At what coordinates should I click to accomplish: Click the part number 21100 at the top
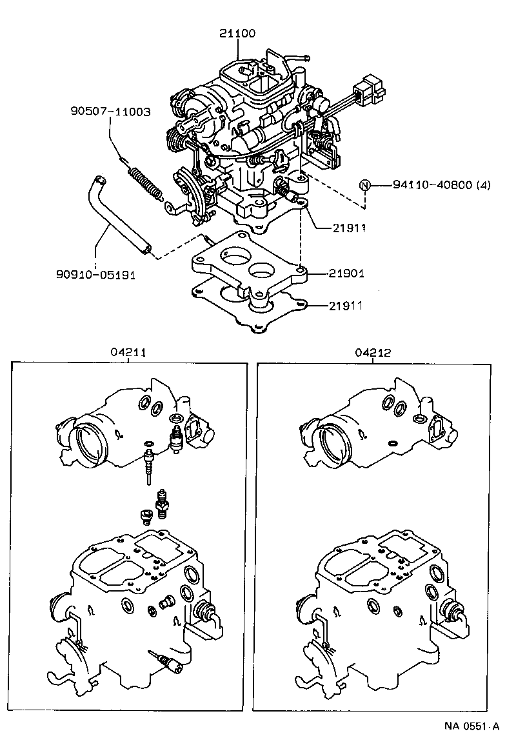(x=237, y=34)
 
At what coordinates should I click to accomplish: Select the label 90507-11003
(x=110, y=112)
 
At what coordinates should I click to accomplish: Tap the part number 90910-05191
(x=95, y=275)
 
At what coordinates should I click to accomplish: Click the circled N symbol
(x=365, y=185)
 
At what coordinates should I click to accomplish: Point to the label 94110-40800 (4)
(x=441, y=185)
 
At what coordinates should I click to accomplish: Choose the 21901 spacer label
(x=346, y=274)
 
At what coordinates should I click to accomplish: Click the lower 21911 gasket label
(x=346, y=306)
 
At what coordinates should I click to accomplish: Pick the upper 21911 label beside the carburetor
(x=349, y=228)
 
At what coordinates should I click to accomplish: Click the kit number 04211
(x=128, y=353)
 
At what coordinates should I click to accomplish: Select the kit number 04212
(x=373, y=353)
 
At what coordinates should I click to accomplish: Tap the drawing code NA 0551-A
(x=471, y=726)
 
